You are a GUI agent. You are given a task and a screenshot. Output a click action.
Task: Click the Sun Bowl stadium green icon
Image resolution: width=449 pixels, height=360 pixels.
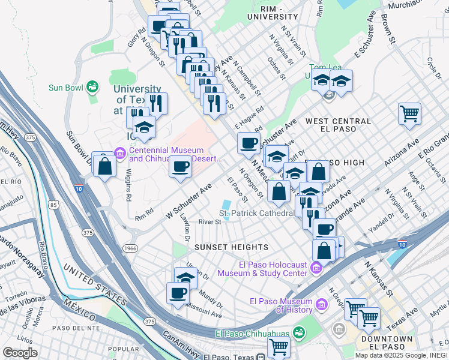[x=92, y=88]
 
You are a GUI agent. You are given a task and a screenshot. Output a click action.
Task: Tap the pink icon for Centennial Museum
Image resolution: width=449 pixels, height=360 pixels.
[x=120, y=154]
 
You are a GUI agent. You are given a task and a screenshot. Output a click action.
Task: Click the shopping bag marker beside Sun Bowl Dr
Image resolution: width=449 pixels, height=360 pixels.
[x=104, y=167]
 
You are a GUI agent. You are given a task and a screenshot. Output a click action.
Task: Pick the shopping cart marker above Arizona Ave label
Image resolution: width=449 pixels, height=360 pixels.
[x=409, y=113]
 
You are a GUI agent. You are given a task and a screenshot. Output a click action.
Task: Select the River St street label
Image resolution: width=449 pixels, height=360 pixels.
[x=210, y=222]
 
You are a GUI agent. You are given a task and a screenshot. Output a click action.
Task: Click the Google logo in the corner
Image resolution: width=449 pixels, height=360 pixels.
[x=20, y=353]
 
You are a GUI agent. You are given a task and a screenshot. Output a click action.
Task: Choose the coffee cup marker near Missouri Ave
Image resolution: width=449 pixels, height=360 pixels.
[x=178, y=293]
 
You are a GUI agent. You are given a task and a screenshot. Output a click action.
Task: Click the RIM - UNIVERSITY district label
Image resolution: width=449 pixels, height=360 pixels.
[x=274, y=13]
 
